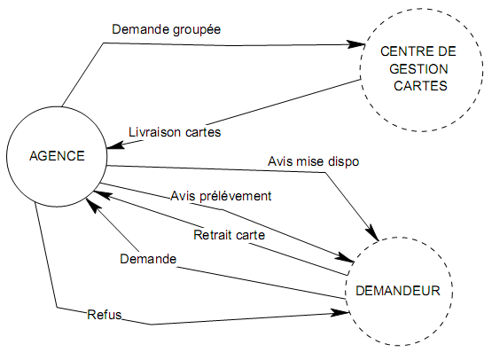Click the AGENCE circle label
57,155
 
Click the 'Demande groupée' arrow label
166,28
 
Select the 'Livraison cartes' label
175,132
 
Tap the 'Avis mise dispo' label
313,161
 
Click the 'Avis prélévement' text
221,195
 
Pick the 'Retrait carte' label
229,235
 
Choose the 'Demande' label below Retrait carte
147,259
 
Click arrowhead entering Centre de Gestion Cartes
355,43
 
